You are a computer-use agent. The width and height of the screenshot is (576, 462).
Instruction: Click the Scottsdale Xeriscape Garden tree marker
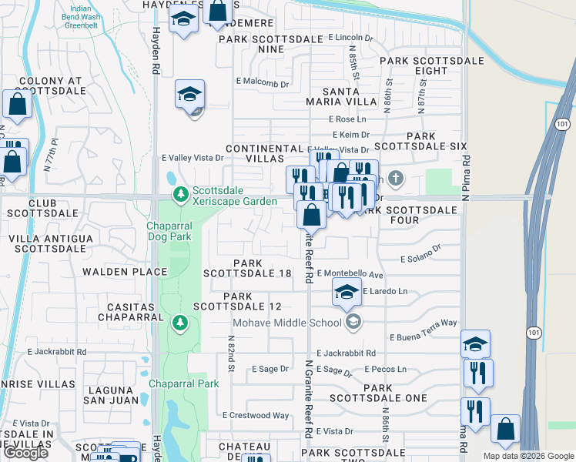point(180,193)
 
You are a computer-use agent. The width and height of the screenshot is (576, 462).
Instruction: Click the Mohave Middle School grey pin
point(353,322)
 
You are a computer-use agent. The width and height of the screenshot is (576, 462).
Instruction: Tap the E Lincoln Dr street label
point(350,37)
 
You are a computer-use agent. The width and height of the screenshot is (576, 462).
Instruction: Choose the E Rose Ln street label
point(347,119)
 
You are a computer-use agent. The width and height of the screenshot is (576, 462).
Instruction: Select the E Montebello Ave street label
point(350,274)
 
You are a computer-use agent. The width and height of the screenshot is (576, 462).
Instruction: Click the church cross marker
point(396,179)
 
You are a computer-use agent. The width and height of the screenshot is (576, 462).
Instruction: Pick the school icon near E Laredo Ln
point(347,291)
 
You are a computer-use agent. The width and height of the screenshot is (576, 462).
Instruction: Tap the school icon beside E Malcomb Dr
point(189,94)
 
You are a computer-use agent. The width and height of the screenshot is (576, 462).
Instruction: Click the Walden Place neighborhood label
point(125,271)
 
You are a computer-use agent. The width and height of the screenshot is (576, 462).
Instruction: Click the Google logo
point(25,453)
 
